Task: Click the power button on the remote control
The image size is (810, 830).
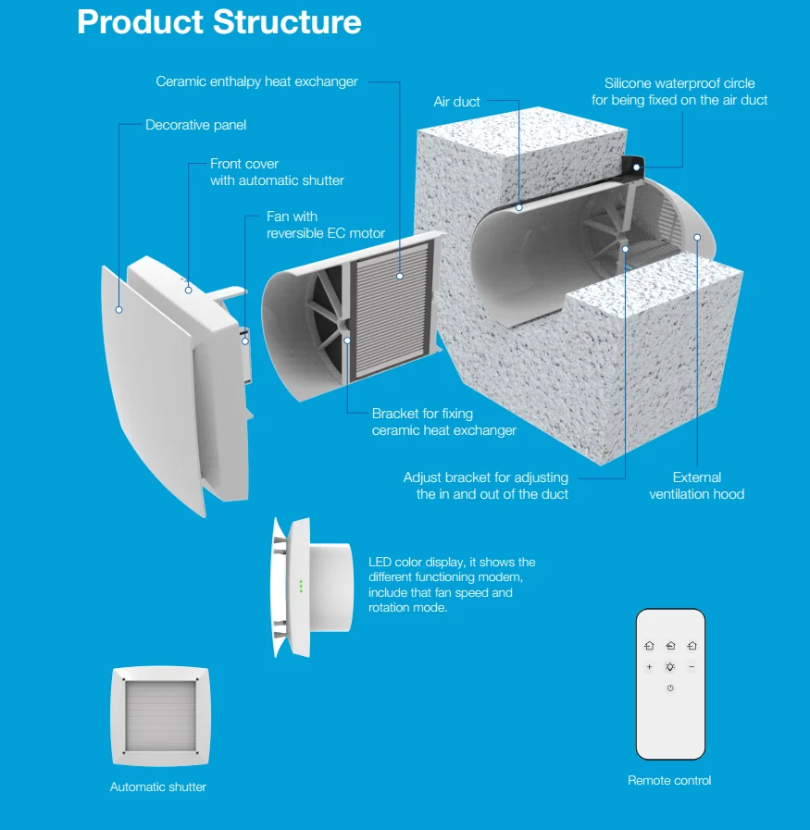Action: click(x=670, y=688)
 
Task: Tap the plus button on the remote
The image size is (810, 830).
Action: click(x=649, y=667)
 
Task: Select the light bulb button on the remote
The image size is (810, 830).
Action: click(x=670, y=667)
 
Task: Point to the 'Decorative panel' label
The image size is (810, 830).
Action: click(x=195, y=125)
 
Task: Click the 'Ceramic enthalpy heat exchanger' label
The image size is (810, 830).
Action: click(x=256, y=81)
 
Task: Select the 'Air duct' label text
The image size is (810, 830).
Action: click(x=456, y=101)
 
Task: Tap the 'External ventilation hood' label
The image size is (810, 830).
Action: click(x=696, y=486)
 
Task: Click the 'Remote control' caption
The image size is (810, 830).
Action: click(x=669, y=780)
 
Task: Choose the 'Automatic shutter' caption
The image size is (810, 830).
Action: click(x=158, y=787)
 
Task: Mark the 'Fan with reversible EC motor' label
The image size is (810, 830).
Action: click(x=325, y=225)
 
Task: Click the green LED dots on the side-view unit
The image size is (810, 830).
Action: click(x=301, y=586)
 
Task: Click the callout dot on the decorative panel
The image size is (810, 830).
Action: click(x=118, y=309)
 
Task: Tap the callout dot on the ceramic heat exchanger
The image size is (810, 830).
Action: click(x=400, y=275)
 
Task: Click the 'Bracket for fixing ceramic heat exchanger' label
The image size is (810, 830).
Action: click(x=443, y=422)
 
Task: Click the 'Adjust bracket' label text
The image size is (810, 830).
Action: click(x=486, y=486)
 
